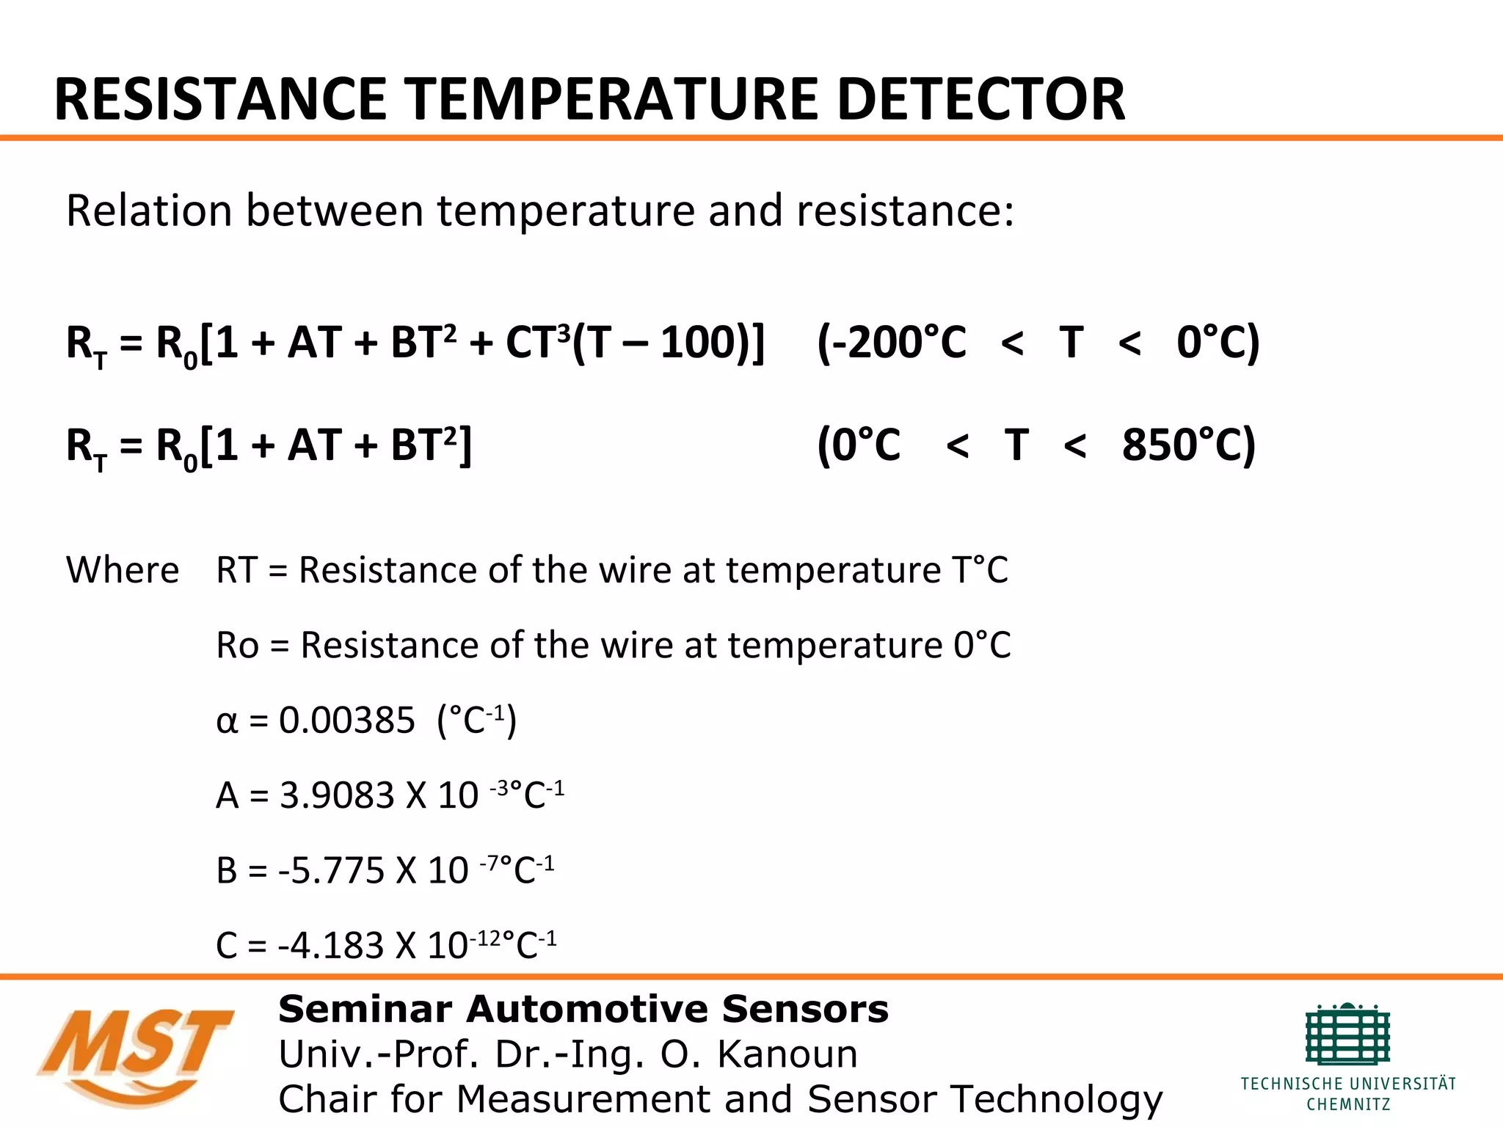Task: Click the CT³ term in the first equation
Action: [537, 343]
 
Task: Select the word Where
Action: [123, 570]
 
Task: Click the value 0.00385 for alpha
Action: [347, 721]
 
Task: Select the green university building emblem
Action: [1348, 1035]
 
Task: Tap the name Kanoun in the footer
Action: [787, 1055]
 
